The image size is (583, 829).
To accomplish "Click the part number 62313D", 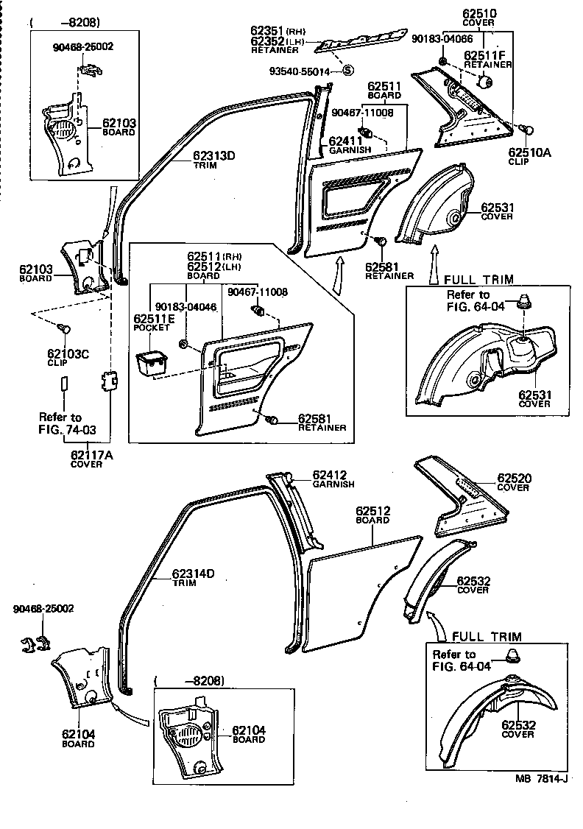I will point(213,155).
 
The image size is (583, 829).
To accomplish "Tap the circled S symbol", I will point(348,71).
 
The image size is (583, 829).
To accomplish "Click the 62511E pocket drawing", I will point(151,364).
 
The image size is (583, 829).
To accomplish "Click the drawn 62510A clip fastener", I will point(526,130).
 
